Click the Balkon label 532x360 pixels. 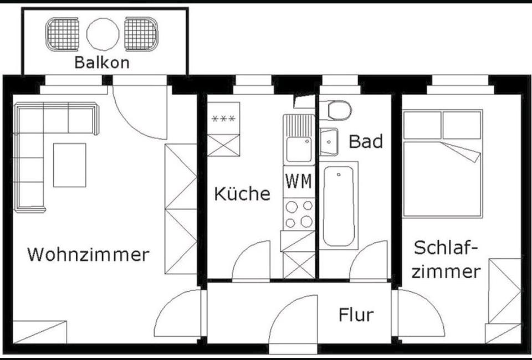(101, 62)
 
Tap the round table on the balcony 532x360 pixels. (103, 34)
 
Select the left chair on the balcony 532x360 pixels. (63, 34)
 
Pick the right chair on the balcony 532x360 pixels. (141, 34)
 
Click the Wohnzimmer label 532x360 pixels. (88, 255)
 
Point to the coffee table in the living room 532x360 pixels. (69, 164)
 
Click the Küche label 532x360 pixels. (242, 194)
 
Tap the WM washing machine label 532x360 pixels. (298, 181)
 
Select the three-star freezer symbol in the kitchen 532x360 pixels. (223, 119)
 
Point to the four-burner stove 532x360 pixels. (298, 214)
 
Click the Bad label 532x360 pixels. (366, 141)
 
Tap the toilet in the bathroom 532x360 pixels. (339, 110)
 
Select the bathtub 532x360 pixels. (338, 205)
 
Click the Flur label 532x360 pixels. (356, 315)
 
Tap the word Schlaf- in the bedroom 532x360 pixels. (446, 248)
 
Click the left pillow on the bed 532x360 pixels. (422, 125)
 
